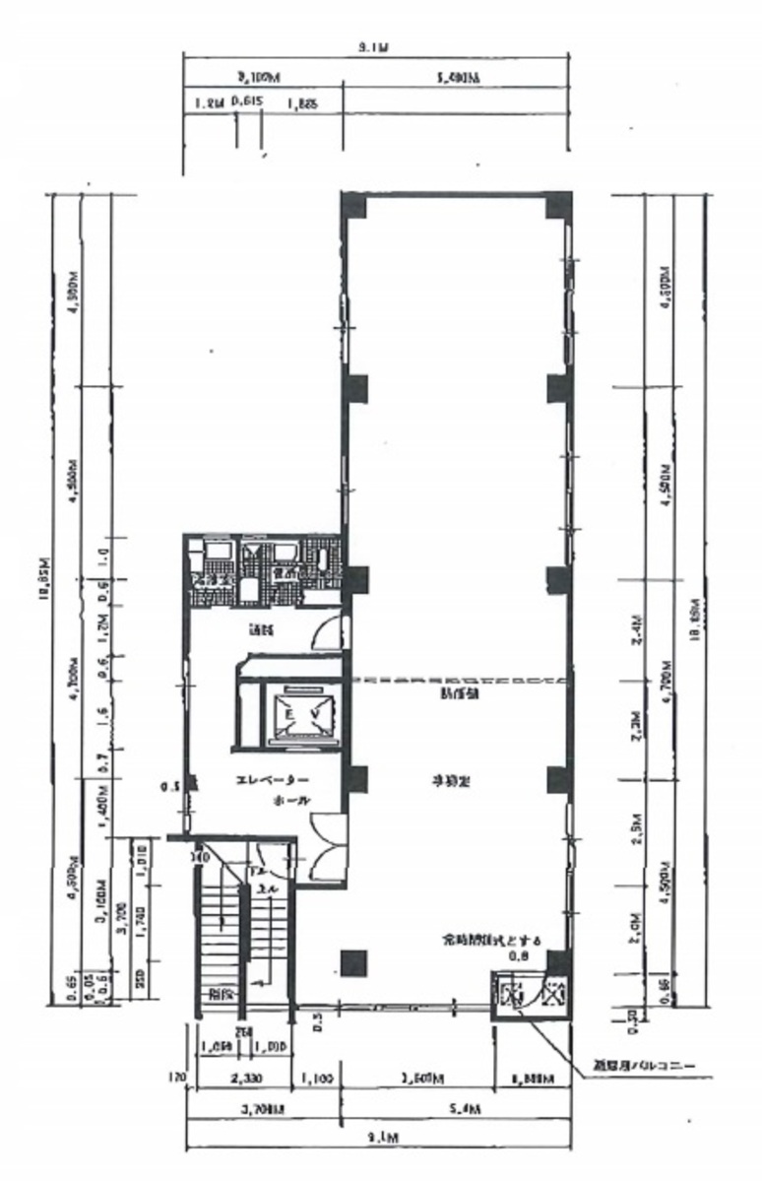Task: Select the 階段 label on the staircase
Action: click(220, 995)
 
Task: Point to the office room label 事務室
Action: click(452, 781)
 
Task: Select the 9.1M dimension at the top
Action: click(374, 46)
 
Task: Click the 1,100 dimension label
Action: click(319, 1080)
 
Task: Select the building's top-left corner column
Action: click(354, 208)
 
